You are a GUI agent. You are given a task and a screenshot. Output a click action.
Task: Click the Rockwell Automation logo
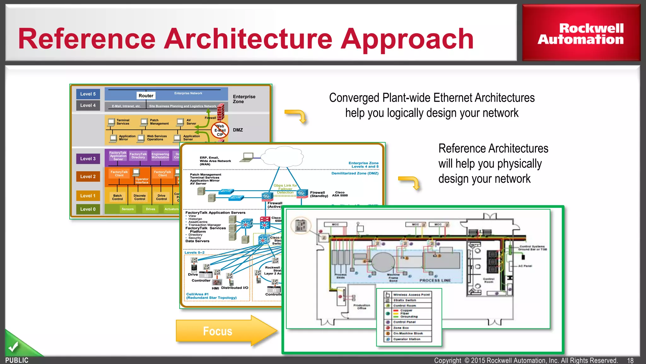point(581,34)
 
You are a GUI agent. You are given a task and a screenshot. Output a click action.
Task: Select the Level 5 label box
point(88,94)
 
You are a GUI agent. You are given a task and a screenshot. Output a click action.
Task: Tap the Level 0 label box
point(88,209)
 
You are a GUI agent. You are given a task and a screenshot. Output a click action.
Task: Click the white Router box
point(146,96)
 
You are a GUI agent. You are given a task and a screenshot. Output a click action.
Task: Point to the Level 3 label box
point(88,159)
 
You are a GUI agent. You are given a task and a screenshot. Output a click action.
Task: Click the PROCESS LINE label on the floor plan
point(435,280)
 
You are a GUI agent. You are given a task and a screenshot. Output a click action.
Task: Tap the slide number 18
point(630,361)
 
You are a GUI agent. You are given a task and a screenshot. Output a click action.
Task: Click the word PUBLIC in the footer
point(17,360)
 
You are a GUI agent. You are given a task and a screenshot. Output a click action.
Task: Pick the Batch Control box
point(117,197)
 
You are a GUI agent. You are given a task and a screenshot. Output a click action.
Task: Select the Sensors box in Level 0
point(127,209)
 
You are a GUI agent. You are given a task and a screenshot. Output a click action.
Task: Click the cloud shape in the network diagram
point(282,156)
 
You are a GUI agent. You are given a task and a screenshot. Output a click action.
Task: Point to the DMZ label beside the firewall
point(238,130)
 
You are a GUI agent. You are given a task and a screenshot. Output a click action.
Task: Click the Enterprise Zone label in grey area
point(244,99)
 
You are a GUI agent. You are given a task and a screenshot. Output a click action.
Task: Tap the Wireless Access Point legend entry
point(411,294)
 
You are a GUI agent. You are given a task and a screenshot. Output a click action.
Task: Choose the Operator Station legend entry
point(407,339)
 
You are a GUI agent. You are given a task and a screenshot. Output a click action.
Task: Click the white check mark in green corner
point(13,347)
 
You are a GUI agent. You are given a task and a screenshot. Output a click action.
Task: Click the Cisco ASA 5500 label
point(340,194)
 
